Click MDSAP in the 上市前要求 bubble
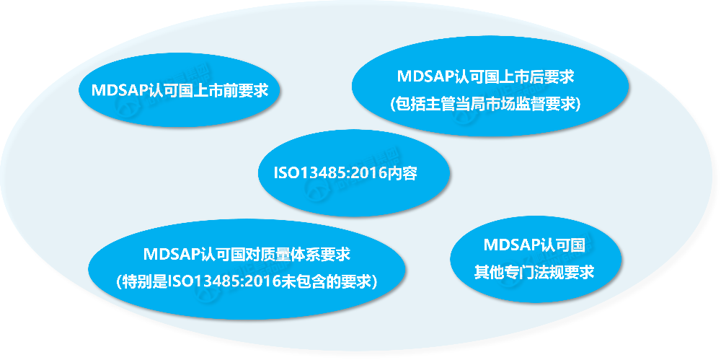click(120, 90)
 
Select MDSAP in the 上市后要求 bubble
click(425, 76)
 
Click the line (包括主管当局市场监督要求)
click(485, 104)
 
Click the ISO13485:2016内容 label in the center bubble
click(345, 174)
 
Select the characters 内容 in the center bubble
click(404, 174)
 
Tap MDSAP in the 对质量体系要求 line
click(172, 254)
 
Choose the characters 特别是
click(143, 281)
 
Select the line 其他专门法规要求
click(534, 271)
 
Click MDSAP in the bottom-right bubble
click(512, 245)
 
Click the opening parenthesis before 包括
click(392, 105)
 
